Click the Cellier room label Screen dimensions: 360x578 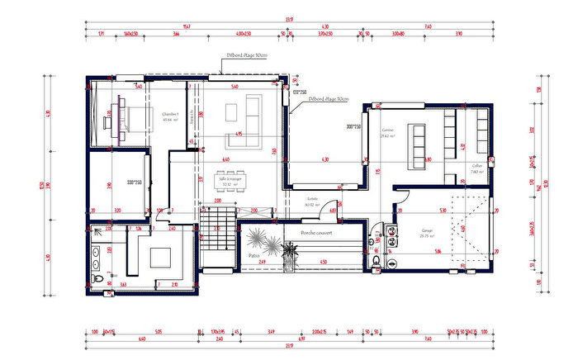pos(477,167)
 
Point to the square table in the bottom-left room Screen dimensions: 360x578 pos(159,257)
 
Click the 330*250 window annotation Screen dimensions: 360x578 pos(134,182)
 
